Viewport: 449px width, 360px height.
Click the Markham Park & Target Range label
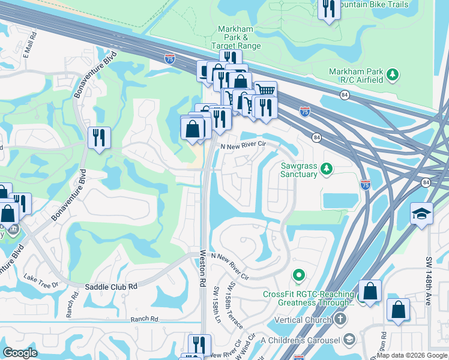tap(236, 37)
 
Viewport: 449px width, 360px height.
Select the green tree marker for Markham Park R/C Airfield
tap(393, 74)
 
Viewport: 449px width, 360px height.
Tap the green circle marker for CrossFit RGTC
tap(298, 276)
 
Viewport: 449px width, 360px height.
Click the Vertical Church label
tap(303, 320)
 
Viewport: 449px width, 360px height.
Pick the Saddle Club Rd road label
tap(111, 287)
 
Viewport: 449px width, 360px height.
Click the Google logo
tap(20, 353)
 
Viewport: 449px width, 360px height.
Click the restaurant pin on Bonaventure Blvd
tap(98, 137)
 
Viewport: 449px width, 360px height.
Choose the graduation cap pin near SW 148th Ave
tap(421, 213)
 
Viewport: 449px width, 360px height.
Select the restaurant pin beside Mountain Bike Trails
tap(328, 9)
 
